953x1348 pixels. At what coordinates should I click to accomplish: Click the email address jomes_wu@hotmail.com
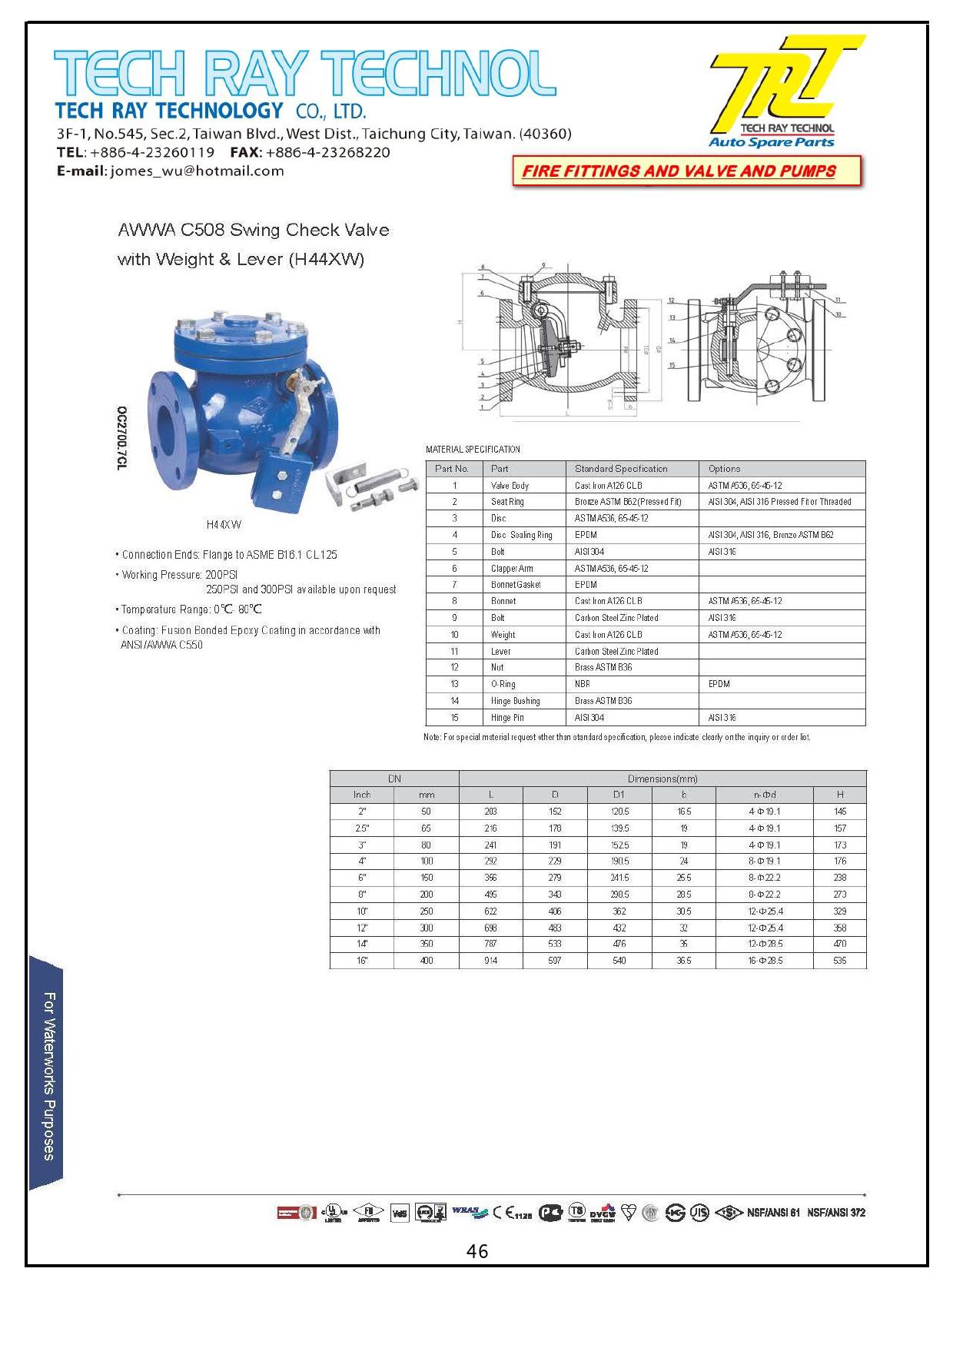click(197, 171)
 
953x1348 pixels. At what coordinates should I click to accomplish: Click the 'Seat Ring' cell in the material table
click(507, 502)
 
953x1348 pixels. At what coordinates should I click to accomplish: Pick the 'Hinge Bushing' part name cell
click(515, 701)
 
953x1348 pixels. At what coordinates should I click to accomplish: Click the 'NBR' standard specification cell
click(582, 684)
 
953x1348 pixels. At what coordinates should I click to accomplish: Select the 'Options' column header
click(724, 469)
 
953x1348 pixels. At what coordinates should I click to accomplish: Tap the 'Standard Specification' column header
click(621, 469)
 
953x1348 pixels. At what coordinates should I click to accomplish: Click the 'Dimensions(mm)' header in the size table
click(662, 779)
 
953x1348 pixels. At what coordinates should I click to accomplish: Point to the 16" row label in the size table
click(362, 961)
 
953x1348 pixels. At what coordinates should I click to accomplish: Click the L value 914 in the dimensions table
click(490, 961)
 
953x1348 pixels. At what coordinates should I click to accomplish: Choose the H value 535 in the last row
click(839, 961)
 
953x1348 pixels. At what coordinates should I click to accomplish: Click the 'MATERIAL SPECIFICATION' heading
click(473, 450)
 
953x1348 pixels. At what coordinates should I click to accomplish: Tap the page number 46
click(476, 1252)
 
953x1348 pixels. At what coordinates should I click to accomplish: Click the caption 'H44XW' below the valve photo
click(224, 525)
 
